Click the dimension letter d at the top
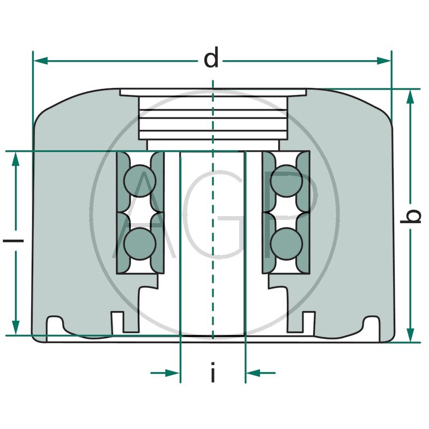coord(211,60)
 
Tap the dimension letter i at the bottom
coord(213,373)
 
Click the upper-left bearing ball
coord(139,181)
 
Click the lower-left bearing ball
coord(139,243)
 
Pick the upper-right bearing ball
coord(286,181)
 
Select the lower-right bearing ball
coord(286,243)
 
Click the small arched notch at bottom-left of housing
coord(54,324)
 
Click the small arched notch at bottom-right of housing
coord(372,324)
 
